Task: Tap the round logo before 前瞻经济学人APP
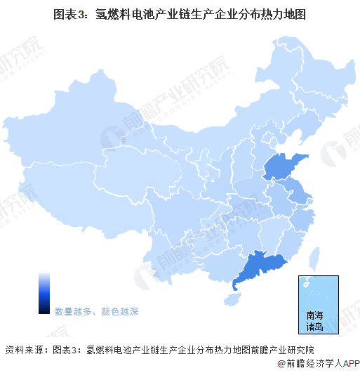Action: (279, 364)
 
